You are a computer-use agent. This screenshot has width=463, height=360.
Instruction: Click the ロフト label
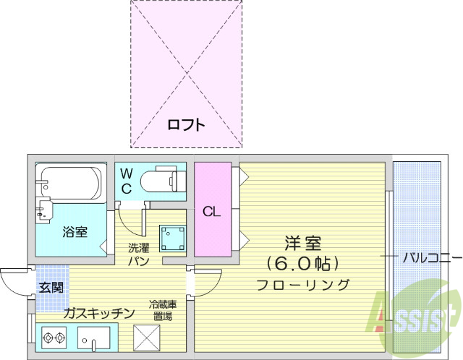[x=187, y=124]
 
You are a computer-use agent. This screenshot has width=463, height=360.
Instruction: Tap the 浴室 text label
[x=75, y=232]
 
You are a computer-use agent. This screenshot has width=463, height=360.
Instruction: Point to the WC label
[x=126, y=181]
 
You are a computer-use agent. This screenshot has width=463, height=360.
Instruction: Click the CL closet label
[x=211, y=212]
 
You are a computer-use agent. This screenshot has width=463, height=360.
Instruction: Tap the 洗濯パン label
[x=139, y=254]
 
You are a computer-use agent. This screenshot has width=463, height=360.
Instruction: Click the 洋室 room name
[x=302, y=243]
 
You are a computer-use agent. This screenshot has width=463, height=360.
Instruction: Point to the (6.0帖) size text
[x=302, y=262]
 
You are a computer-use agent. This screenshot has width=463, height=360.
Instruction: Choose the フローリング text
[x=302, y=284]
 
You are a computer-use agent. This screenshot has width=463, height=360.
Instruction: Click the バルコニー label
[x=431, y=257]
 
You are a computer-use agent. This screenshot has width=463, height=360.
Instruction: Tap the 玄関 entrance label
[x=51, y=287]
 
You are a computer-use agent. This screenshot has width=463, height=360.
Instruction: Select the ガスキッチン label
[x=98, y=313]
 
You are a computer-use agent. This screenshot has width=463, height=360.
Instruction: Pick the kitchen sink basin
[x=94, y=338]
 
